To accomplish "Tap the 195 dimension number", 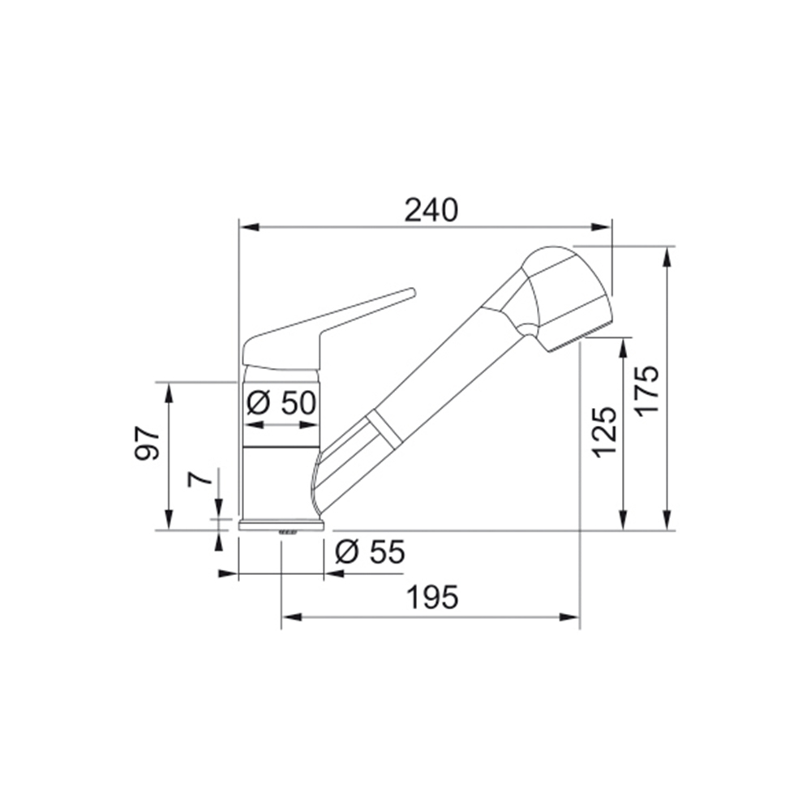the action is [x=432, y=598].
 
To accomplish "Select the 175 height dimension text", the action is [x=647, y=390].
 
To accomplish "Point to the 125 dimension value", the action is [x=605, y=431].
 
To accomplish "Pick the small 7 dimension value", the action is [x=200, y=478].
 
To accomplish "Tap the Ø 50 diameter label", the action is [x=281, y=403].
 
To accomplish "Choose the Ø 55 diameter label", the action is [x=369, y=551].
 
